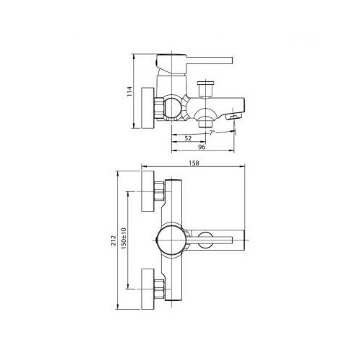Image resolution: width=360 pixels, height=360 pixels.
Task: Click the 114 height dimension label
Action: coord(130,91)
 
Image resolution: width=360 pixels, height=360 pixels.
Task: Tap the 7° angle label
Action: coord(212,132)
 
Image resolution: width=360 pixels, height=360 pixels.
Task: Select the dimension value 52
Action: coord(188,138)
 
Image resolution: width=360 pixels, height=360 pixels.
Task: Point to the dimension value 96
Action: coord(202,147)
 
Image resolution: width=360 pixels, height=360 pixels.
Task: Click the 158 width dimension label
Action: coord(194,163)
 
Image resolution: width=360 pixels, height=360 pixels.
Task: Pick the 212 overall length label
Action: coord(113,240)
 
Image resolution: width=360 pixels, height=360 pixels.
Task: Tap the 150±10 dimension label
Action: coord(124,238)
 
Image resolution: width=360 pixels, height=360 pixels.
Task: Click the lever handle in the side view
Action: coord(210,60)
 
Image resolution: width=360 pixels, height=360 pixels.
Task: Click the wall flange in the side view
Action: coord(148,108)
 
